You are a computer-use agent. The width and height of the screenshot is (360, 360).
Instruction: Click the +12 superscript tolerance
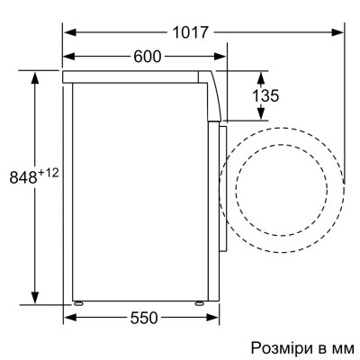[x=47, y=170]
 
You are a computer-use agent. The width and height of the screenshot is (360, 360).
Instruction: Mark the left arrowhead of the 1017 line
[x=68, y=31]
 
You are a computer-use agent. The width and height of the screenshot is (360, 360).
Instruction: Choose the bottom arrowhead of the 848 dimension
[x=36, y=300]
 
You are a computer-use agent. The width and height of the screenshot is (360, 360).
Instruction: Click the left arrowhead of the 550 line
[x=68, y=317]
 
